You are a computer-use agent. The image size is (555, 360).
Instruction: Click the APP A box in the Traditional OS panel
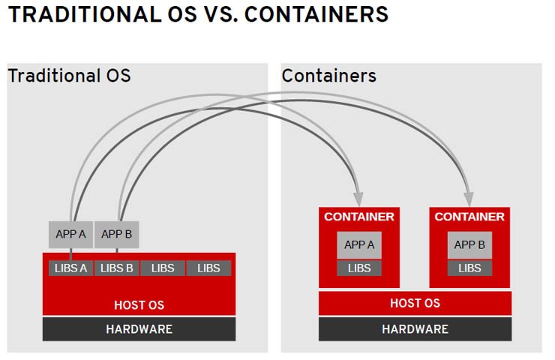coord(71,235)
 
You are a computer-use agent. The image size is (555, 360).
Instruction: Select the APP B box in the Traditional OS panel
coord(116,235)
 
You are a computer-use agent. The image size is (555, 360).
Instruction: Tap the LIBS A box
coord(71,268)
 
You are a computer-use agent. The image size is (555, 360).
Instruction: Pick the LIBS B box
coord(117,268)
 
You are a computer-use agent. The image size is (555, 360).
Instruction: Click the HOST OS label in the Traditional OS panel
coord(139,305)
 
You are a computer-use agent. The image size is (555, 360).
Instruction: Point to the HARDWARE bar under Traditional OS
coord(139,329)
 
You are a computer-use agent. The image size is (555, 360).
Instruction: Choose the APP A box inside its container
coord(359,244)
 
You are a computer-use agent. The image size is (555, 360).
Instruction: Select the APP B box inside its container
coord(469,244)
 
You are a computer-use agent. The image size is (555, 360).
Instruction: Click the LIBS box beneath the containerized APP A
coord(359,268)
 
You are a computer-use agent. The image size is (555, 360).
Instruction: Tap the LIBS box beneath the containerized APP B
coord(469,268)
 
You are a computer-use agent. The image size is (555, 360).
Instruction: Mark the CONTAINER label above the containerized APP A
coord(359,217)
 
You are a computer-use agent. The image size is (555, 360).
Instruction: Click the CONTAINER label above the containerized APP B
coord(469,217)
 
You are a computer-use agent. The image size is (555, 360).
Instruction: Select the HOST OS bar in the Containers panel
coord(415,304)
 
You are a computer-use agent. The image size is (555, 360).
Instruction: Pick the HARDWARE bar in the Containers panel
coord(415,329)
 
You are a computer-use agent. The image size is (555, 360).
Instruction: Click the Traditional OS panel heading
coord(69,76)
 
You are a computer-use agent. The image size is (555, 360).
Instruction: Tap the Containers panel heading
coord(328,76)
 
